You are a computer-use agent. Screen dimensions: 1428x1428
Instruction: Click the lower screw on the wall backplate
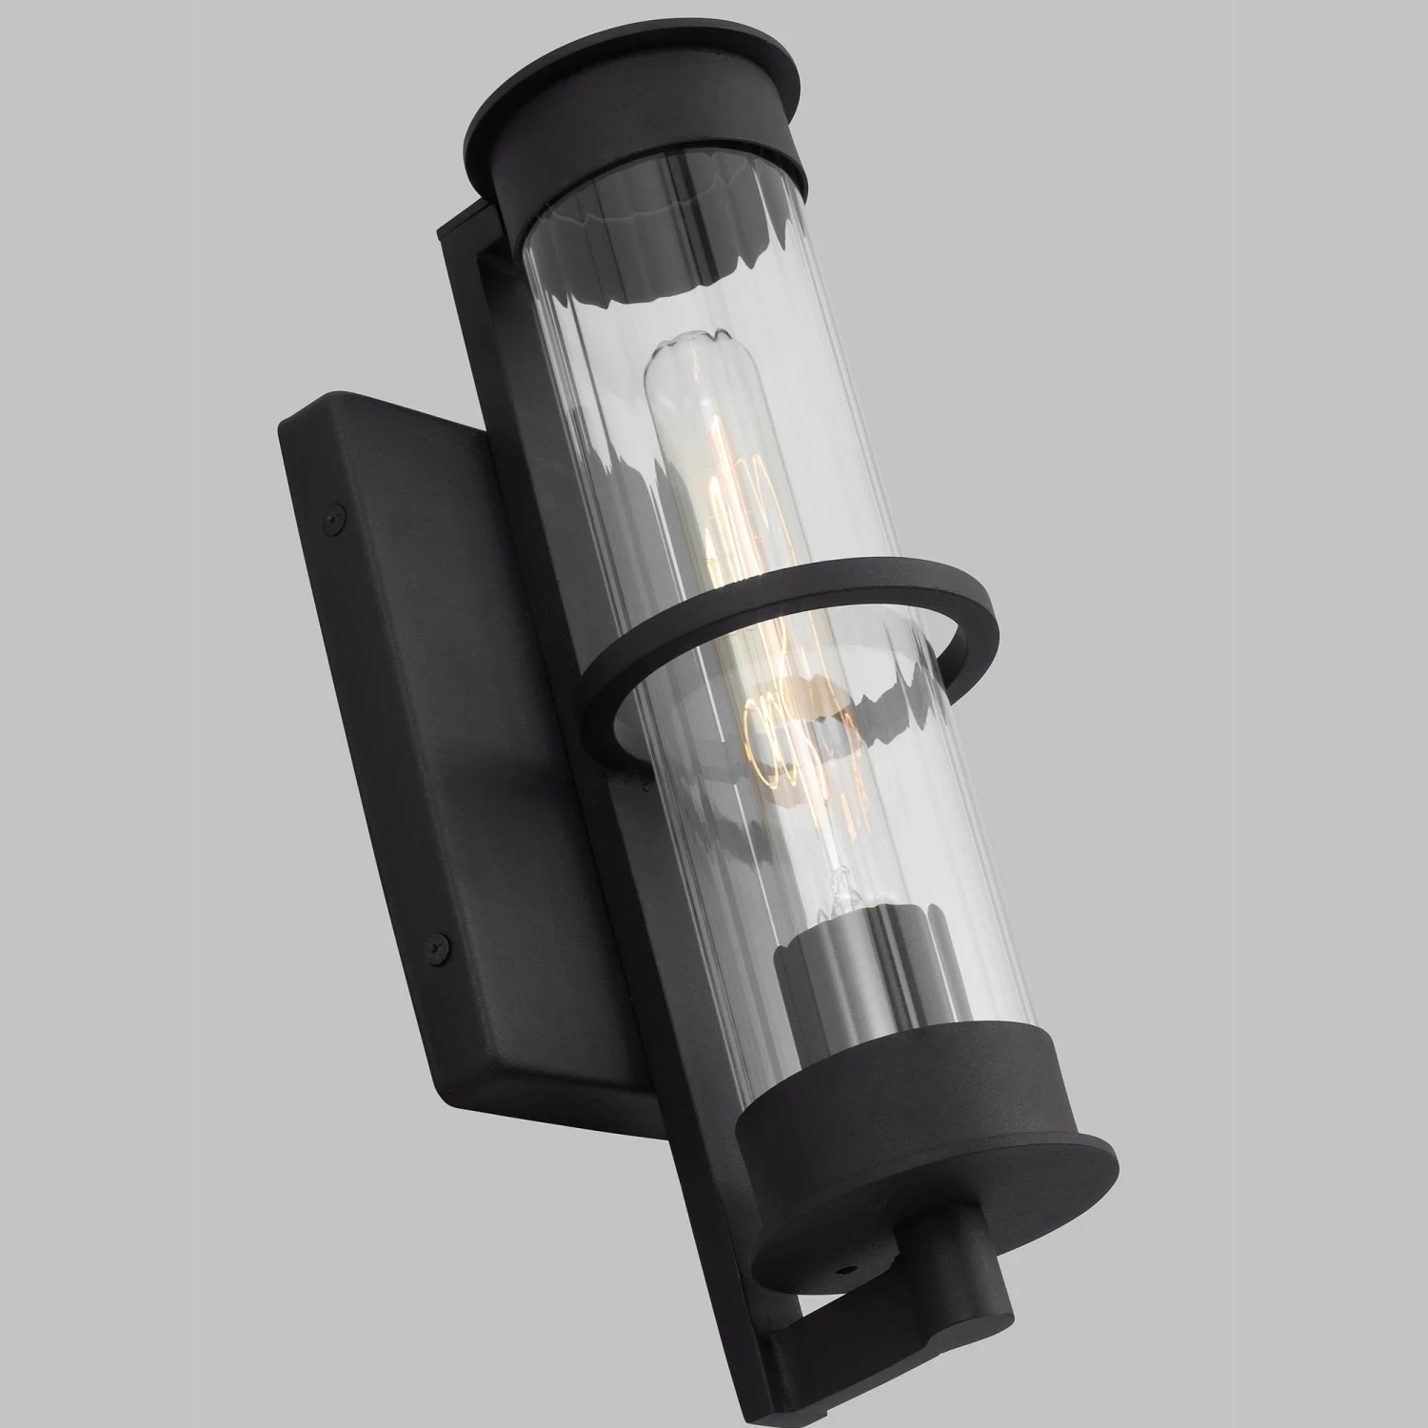(x=440, y=943)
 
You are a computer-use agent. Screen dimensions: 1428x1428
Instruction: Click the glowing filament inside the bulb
(x=733, y=533)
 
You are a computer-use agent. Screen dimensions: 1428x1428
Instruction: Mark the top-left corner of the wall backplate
(x=286, y=424)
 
